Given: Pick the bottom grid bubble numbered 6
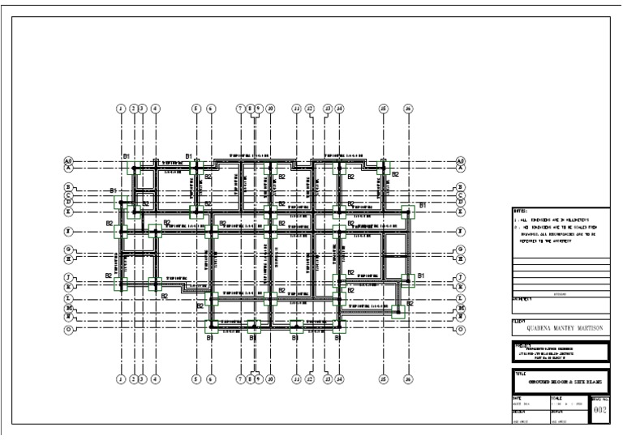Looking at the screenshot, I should click(210, 378).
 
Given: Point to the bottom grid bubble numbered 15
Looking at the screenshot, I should click(383, 378).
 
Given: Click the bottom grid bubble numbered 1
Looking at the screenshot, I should click(120, 378).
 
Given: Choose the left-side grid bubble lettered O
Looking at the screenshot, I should click(69, 330).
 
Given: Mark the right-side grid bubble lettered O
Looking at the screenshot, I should click(460, 330).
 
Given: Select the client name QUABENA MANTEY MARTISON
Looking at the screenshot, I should click(560, 330).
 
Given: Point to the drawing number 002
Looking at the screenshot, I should click(599, 411).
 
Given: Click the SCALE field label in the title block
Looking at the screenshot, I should click(556, 397).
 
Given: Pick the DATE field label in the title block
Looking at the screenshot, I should click(516, 397).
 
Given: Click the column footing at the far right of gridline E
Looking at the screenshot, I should click(408, 211).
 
